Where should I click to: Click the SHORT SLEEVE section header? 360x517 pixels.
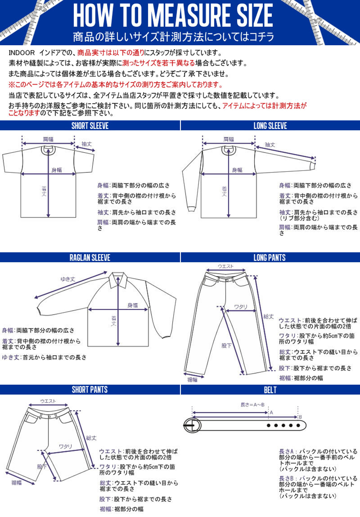point(90,126)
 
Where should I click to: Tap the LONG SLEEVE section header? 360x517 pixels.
point(270,126)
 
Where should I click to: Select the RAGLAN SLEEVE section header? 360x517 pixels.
point(90,257)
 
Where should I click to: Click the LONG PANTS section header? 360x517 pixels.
point(270,257)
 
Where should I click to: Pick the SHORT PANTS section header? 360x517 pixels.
point(90,390)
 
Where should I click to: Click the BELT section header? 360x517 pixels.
point(270,390)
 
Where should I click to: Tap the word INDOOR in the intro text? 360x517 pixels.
point(22,53)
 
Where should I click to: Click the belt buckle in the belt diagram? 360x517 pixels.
point(192,425)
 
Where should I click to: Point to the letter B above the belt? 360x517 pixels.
point(300,417)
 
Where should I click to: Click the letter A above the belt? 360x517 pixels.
point(271,412)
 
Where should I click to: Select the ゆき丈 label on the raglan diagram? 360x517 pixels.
point(68,279)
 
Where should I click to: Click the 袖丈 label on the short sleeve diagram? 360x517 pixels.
point(87,144)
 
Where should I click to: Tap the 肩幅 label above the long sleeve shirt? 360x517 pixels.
point(229,139)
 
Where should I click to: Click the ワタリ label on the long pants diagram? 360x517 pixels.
point(241,307)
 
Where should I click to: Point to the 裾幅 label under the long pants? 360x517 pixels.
point(192,380)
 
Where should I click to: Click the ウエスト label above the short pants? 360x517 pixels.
point(48,401)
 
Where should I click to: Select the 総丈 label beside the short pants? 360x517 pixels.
point(91,438)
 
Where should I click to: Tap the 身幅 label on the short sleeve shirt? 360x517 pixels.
point(56,170)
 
